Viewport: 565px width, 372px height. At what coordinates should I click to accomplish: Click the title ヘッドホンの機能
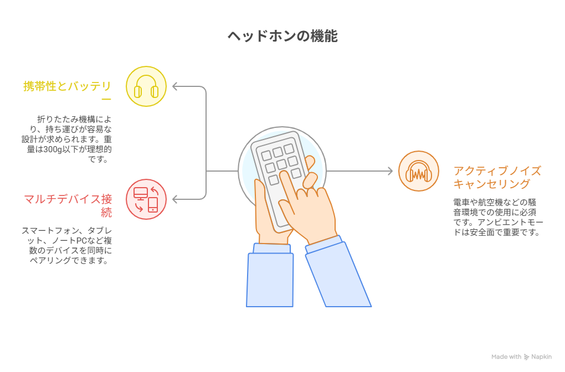pos(282,37)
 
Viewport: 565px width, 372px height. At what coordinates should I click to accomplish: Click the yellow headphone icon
pos(146,86)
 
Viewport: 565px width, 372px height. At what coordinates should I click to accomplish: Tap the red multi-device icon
pos(146,199)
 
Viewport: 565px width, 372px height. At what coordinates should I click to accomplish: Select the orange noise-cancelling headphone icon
pos(419,171)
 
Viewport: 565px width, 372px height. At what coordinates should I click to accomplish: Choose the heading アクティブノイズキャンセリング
pos(497,177)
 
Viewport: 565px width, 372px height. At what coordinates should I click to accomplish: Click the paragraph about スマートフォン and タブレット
pos(67,245)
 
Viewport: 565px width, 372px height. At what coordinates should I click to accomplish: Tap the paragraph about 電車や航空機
pos(498,217)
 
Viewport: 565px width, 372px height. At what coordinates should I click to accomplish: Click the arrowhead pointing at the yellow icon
pos(175,86)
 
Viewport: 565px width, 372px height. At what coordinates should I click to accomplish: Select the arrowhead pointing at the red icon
pos(175,199)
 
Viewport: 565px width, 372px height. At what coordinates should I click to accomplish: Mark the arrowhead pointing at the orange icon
pos(389,171)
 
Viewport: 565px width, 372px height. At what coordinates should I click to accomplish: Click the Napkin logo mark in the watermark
pos(526,357)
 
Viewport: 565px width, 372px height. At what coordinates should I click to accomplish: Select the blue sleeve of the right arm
pos(338,274)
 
